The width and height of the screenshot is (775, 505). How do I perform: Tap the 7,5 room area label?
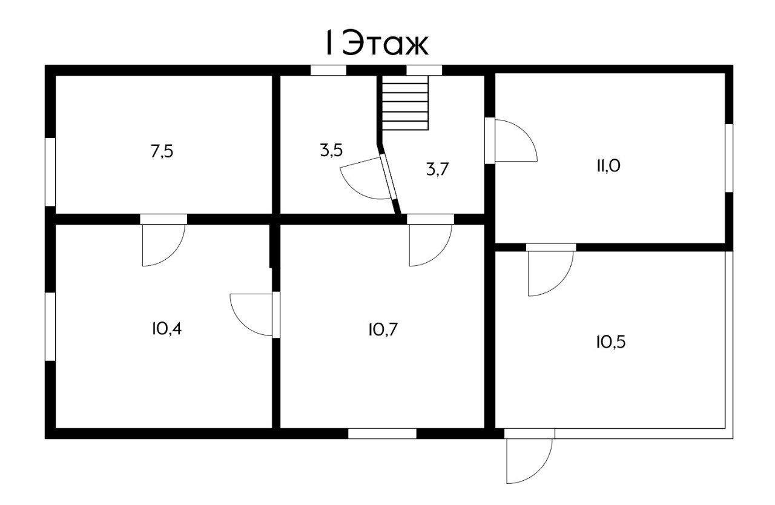[162, 151]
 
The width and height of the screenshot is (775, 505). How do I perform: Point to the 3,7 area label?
[437, 170]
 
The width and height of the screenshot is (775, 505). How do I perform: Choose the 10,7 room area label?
[383, 329]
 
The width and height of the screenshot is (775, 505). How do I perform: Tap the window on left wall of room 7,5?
[50, 171]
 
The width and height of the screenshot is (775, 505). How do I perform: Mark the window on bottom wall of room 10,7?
[382, 433]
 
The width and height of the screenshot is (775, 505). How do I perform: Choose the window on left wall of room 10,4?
[50, 327]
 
